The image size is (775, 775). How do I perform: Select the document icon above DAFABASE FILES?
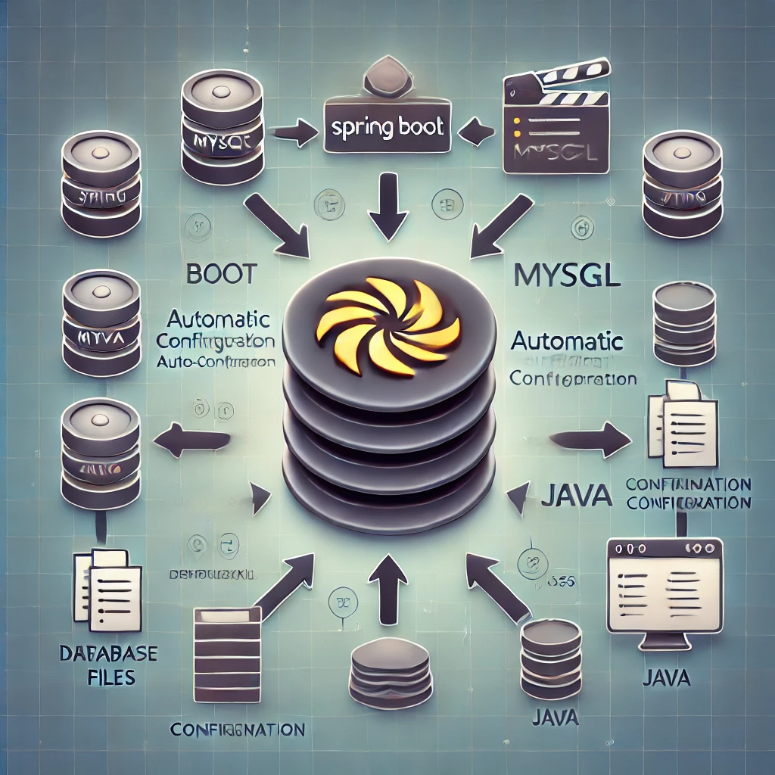(107, 589)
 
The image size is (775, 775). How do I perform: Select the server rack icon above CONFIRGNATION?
(226, 640)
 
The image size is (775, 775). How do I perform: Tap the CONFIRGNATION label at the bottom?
(237, 730)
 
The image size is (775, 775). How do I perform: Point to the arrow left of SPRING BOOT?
(294, 133)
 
